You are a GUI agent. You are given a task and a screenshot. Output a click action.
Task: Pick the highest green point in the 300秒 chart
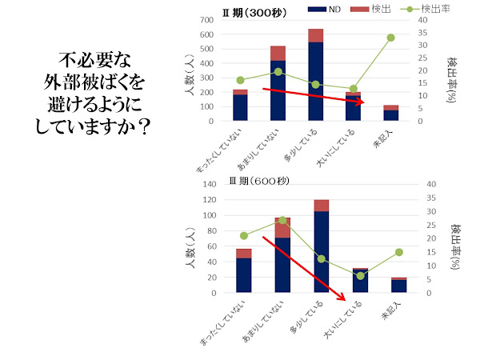coord(390,38)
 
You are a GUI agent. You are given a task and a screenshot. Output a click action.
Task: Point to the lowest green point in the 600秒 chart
coord(361,276)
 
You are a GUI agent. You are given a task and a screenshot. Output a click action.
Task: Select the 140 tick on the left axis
coord(209,185)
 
